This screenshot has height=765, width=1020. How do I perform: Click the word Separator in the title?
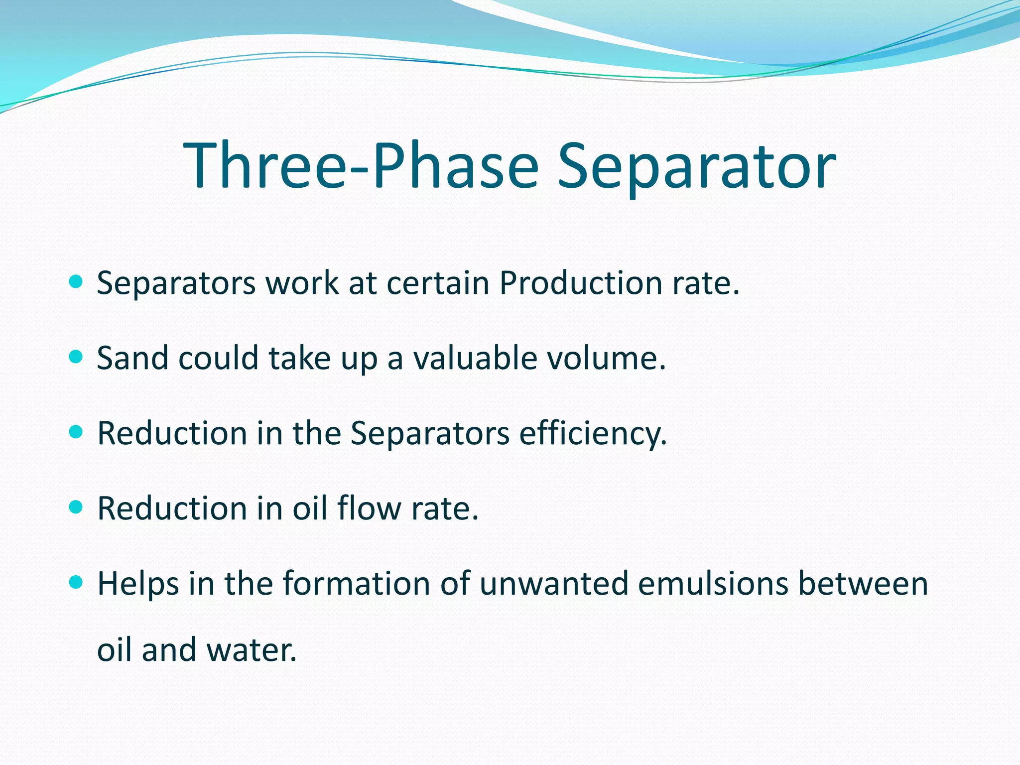tap(696, 166)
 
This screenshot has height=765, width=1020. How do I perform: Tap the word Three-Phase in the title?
tap(361, 166)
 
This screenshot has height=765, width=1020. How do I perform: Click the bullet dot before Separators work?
tap(76, 282)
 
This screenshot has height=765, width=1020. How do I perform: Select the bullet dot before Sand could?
tap(76, 357)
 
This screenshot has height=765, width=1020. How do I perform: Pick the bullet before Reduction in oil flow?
tap(76, 508)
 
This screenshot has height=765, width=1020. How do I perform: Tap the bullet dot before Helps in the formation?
tap(76, 582)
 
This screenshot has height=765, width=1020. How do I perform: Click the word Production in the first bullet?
tap(581, 283)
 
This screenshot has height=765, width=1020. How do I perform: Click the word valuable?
tap(475, 358)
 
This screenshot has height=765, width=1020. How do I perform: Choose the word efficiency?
tap(593, 434)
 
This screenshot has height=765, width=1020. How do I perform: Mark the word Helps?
tap(138, 584)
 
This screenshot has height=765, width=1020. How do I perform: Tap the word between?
tap(863, 583)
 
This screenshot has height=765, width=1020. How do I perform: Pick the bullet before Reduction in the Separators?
tap(76, 432)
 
